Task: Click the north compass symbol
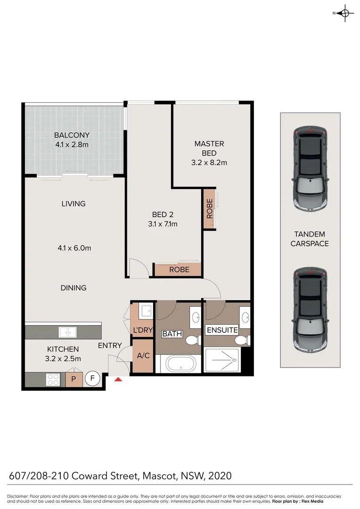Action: (345, 13)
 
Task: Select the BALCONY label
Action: (72, 135)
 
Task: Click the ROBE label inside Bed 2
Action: (179, 270)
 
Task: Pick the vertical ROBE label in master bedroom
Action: (210, 209)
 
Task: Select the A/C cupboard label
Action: (143, 355)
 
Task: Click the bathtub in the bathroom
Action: (180, 364)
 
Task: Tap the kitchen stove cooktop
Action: (53, 379)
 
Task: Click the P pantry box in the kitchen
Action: (74, 379)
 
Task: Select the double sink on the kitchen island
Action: (68, 331)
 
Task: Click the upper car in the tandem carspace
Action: (310, 168)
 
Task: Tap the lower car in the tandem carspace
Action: (310, 311)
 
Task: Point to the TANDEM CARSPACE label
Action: (310, 239)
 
